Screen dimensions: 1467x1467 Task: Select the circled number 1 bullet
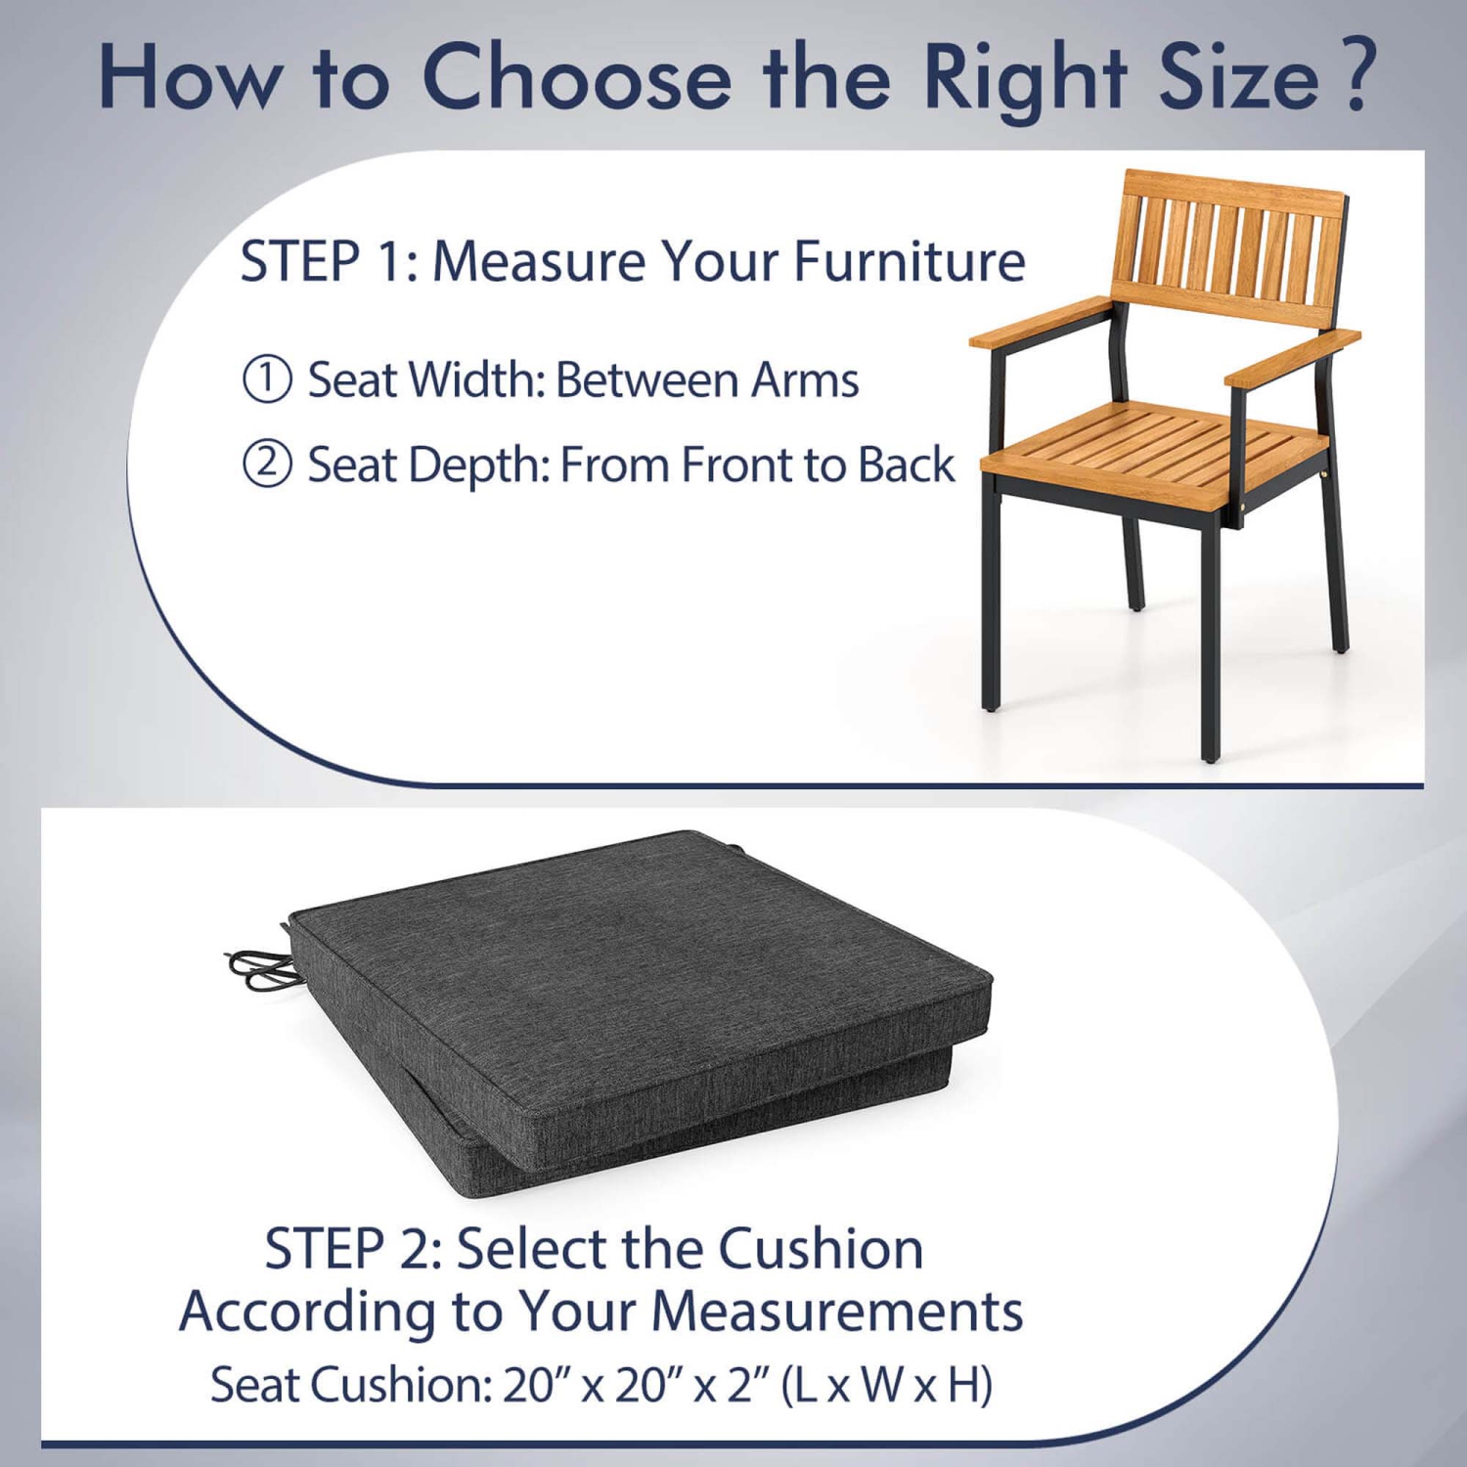click(x=267, y=379)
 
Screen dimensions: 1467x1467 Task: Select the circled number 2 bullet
click(x=267, y=465)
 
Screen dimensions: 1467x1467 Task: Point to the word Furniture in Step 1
click(x=910, y=262)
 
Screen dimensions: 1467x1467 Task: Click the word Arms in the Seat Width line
click(x=804, y=380)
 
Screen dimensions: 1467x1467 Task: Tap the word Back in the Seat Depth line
click(x=906, y=465)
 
